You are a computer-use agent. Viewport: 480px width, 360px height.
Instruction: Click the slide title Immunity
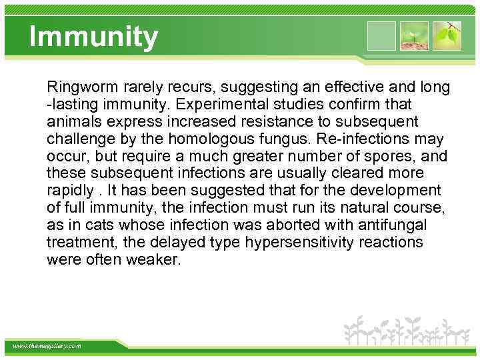tap(94, 37)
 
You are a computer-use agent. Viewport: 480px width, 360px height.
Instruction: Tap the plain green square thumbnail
tap(381, 36)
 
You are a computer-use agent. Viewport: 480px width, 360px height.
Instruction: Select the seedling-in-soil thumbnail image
tap(414, 36)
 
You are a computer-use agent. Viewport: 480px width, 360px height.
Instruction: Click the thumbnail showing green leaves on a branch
tap(447, 36)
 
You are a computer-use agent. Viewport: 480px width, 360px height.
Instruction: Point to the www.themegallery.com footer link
tap(47, 346)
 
